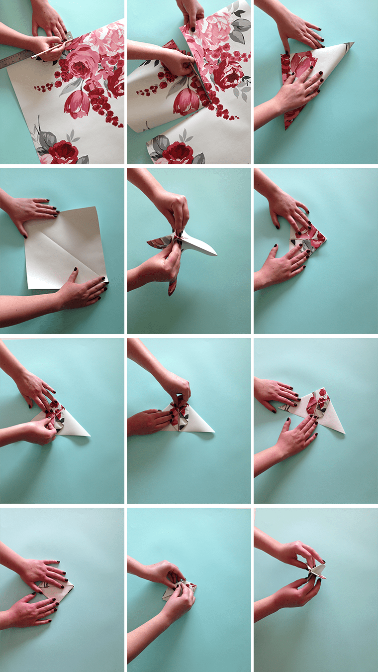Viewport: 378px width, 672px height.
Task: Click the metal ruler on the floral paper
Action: tap(15, 60)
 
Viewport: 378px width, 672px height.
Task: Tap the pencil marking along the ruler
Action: tap(47, 50)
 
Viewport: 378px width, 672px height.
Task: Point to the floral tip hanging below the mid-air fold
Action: tap(172, 287)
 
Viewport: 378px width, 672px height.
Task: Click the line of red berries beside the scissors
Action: tap(152, 90)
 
